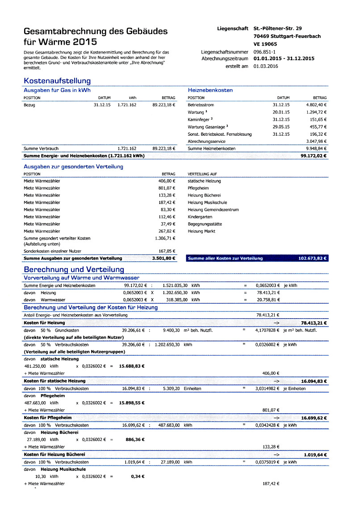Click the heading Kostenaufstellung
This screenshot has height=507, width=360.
(x=57, y=81)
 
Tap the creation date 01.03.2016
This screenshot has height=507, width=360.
(x=266, y=66)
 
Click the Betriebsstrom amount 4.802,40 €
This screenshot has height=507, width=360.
(x=316, y=105)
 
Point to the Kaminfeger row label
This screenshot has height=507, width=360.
(x=201, y=120)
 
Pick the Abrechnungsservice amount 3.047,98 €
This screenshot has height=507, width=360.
(x=316, y=141)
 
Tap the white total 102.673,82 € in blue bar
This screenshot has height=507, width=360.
(x=312, y=258)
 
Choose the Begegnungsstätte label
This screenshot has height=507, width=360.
(x=205, y=224)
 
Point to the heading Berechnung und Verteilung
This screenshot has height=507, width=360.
(x=74, y=270)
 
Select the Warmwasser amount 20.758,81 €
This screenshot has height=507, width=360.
(x=268, y=300)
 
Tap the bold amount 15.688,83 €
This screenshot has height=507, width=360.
(x=132, y=366)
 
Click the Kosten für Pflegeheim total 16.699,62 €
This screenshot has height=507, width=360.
(x=314, y=418)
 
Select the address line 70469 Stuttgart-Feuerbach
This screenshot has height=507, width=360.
(x=287, y=36)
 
